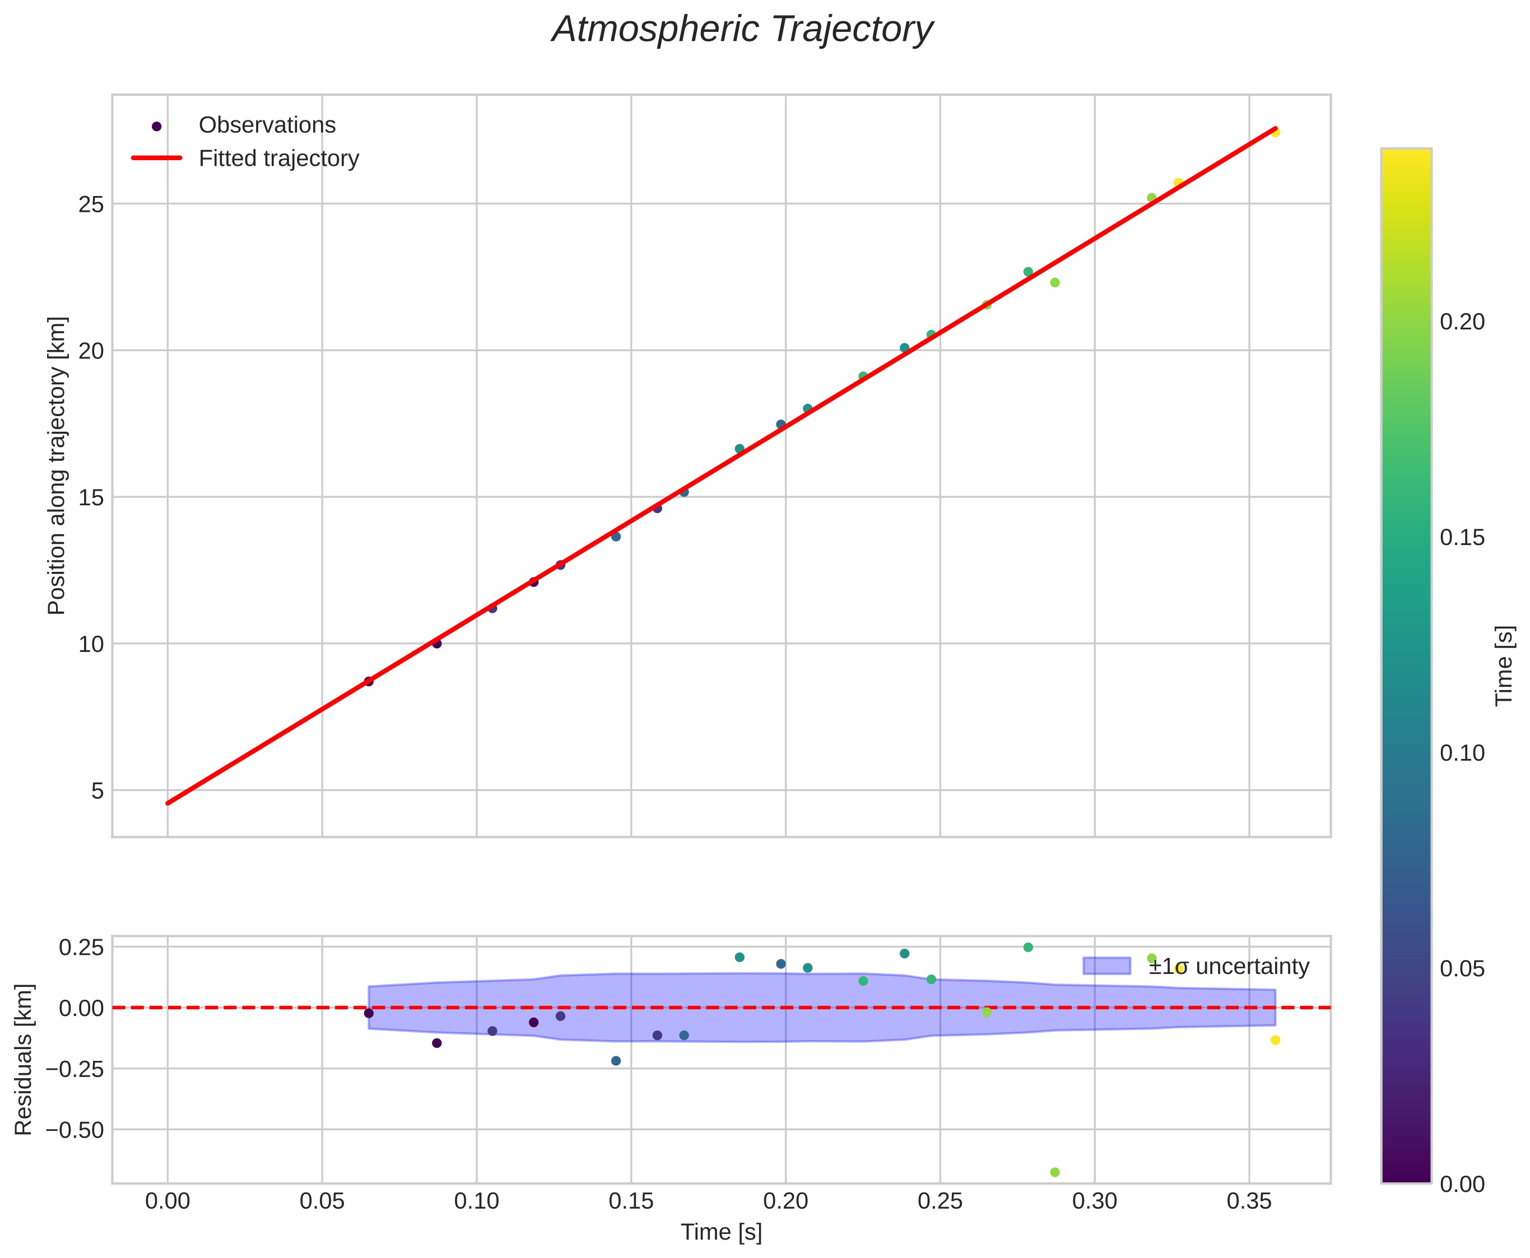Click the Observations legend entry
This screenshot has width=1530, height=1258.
point(267,125)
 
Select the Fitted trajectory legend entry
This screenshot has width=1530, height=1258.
point(278,159)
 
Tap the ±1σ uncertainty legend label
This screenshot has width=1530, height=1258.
point(1229,967)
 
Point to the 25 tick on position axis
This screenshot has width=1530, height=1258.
point(91,204)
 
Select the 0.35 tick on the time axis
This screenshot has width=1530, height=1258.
point(1249,1201)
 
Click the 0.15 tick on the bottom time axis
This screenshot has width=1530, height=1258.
point(631,1201)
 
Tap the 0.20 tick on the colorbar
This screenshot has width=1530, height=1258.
point(1462,322)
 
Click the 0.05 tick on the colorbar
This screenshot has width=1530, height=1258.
point(1462,970)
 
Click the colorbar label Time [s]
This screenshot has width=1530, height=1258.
point(1505,665)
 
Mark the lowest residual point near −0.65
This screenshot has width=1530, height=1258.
point(1054,1172)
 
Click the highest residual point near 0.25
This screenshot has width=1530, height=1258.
point(1027,947)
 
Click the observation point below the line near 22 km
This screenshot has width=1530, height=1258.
point(1054,283)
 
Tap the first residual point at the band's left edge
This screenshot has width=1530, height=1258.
point(368,1013)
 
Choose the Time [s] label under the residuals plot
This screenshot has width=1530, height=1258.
point(720,1233)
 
